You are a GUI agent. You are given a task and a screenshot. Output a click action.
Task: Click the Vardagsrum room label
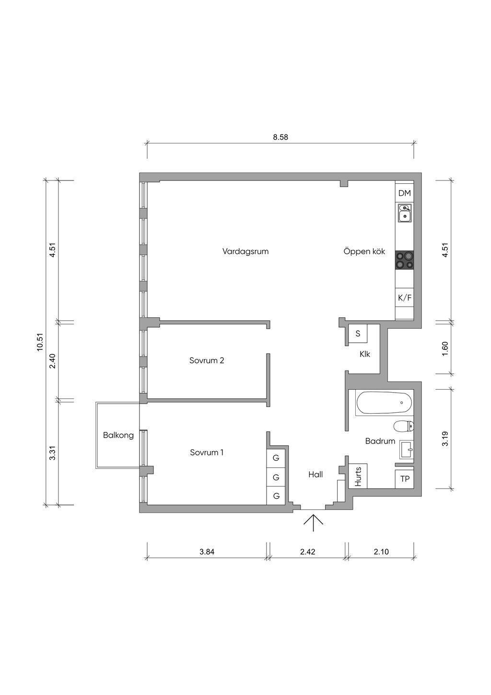click(245, 252)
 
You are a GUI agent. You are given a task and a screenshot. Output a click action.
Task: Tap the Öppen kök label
click(364, 251)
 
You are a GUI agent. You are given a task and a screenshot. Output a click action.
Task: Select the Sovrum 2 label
click(207, 360)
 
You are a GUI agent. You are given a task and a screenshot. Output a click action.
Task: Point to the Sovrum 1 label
click(207, 452)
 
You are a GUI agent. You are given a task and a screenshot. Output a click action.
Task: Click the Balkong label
click(118, 435)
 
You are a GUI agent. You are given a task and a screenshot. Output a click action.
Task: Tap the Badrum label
click(380, 441)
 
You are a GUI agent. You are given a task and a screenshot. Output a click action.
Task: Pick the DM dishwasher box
click(405, 193)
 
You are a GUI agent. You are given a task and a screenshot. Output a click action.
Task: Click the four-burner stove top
click(405, 260)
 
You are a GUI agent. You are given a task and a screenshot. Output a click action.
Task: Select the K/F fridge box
click(405, 298)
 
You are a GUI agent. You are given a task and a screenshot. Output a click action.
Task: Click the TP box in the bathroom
click(405, 479)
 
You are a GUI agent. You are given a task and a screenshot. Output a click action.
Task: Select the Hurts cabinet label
click(358, 477)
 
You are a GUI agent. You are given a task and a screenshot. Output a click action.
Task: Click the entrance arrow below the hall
click(313, 523)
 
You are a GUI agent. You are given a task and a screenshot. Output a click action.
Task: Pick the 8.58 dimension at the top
click(281, 137)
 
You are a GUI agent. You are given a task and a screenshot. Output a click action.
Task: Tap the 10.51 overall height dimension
click(40, 342)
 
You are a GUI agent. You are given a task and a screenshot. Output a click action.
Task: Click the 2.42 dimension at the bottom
click(307, 552)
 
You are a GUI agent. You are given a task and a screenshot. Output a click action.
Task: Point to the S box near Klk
click(358, 334)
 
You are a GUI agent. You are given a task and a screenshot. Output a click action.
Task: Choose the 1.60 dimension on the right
click(445, 349)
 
